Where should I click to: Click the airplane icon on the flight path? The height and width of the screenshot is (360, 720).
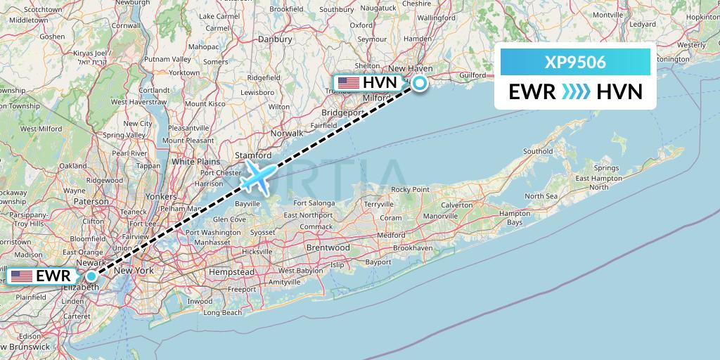[x=257, y=176]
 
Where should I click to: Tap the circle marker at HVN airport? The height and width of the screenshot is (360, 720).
[x=420, y=84]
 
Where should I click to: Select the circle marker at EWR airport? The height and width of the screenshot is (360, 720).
[x=91, y=276]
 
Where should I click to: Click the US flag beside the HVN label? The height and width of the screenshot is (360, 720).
[x=349, y=83]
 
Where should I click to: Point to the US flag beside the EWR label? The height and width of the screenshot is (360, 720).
[x=21, y=276]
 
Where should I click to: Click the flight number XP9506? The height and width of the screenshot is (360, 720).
[x=575, y=63]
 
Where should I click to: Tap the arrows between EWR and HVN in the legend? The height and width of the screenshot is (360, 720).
[x=577, y=91]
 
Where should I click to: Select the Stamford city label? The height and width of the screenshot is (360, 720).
[x=255, y=155]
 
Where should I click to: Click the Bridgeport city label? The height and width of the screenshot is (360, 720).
[x=341, y=112]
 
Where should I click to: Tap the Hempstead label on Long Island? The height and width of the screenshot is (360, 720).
[x=231, y=271]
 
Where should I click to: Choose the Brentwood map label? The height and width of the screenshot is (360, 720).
[x=328, y=248]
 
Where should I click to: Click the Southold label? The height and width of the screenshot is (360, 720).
[x=538, y=151]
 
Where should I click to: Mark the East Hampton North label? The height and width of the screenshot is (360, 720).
[x=599, y=183]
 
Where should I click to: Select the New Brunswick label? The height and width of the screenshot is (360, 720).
[x=25, y=348]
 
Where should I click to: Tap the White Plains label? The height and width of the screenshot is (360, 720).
[x=193, y=161]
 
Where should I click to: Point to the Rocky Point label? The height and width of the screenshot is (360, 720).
[x=410, y=189]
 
